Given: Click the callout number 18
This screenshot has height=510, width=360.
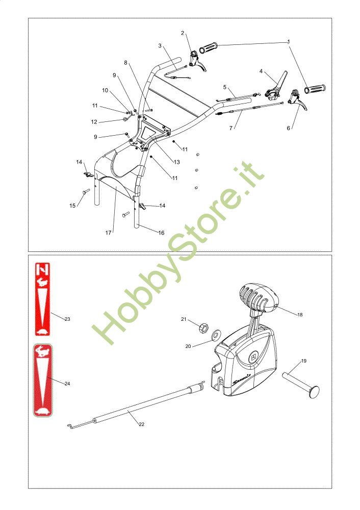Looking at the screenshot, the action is [x=300, y=315].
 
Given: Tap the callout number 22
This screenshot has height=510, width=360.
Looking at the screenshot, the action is [x=141, y=424].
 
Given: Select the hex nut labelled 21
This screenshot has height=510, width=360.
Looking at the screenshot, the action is [x=203, y=326].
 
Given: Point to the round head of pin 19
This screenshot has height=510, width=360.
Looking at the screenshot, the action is [x=314, y=391].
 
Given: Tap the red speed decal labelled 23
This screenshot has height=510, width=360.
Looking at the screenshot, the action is [x=43, y=299].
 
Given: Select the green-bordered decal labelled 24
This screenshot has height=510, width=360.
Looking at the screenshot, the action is [x=43, y=380].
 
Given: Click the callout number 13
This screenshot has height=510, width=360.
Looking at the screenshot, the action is [x=176, y=162].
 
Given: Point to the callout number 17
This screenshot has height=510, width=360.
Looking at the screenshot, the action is [x=108, y=233].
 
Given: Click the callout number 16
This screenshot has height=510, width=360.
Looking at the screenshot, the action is [x=161, y=233].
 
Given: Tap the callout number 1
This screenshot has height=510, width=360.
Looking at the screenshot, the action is [x=289, y=42].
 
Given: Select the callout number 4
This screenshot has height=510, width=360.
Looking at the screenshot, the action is [x=261, y=71].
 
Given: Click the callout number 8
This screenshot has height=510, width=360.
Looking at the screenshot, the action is [x=125, y=62].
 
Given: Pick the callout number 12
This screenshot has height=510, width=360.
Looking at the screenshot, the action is [x=94, y=122].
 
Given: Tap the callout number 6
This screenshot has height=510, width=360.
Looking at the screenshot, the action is [x=288, y=128].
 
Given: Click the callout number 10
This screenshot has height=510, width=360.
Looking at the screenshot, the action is [x=105, y=90].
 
